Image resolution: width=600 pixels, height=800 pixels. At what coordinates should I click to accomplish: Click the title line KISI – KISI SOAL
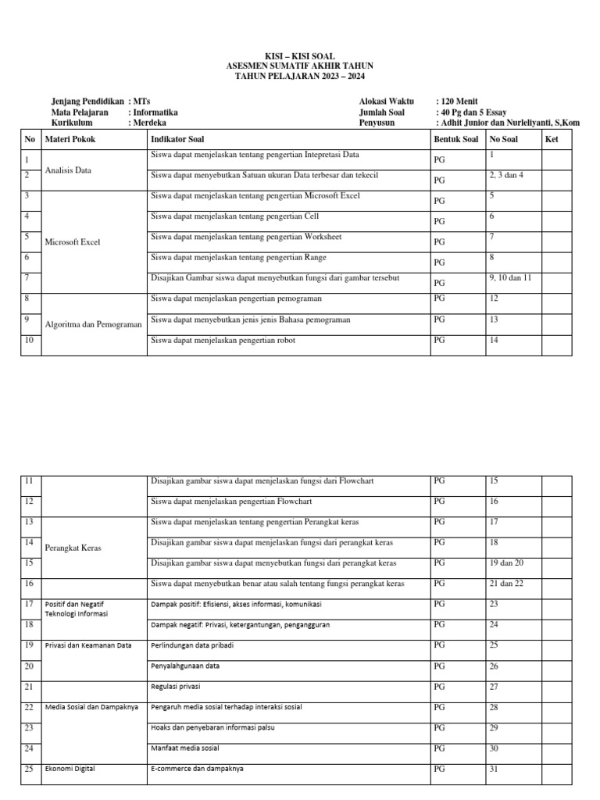tap(300, 58)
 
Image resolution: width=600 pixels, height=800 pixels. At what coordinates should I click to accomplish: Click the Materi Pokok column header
tap(71, 139)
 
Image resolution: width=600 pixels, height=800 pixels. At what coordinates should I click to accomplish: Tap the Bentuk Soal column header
tap(455, 139)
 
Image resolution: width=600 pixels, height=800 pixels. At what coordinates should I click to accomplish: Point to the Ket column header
tap(552, 139)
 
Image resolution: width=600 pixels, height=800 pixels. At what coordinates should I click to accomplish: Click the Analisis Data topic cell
tap(69, 170)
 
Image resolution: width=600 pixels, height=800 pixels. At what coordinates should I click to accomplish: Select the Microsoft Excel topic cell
tap(73, 241)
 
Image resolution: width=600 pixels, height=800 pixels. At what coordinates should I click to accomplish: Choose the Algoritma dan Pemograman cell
tap(94, 323)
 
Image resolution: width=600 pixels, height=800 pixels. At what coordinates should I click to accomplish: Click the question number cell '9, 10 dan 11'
tap(510, 277)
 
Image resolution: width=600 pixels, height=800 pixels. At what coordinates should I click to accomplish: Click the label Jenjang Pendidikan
tap(87, 102)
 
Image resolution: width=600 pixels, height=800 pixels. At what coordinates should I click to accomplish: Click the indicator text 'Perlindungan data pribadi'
tap(192, 645)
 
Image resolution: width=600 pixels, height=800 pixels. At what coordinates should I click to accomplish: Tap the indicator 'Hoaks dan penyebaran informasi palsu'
tap(212, 727)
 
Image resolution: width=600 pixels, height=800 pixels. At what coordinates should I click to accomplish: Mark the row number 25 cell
tap(29, 770)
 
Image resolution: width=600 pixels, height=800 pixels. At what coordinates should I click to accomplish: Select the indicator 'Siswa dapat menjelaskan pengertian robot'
tap(223, 340)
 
